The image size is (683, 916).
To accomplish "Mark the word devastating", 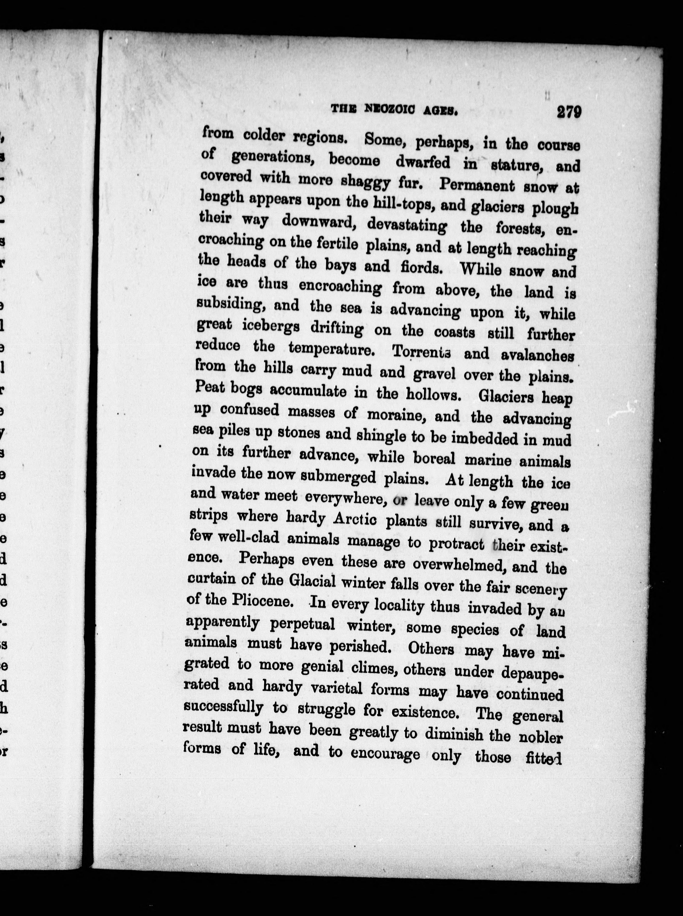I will tap(407, 226).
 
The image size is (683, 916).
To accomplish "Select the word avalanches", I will tap(537, 355).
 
